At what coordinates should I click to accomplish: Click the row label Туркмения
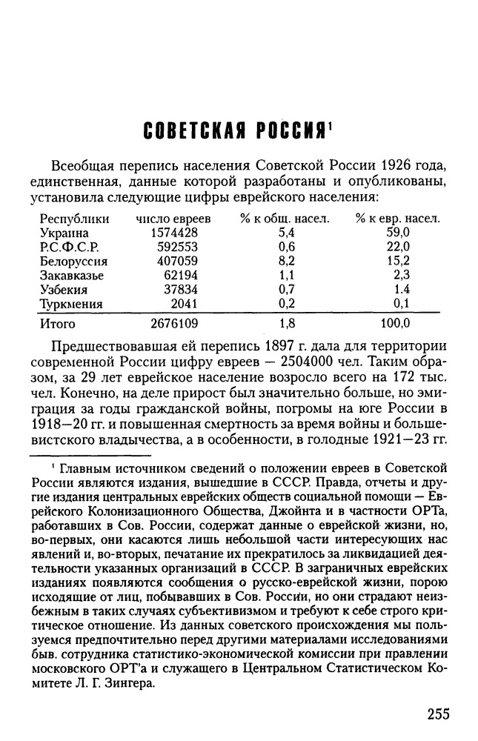71,304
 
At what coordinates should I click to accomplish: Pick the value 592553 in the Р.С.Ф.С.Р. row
176,247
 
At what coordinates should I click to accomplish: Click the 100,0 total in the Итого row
394,324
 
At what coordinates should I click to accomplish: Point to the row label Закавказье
71,276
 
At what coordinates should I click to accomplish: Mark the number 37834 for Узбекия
180,290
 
